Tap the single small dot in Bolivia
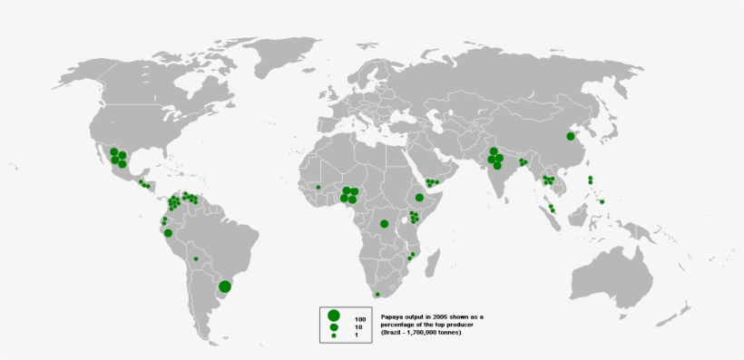195,258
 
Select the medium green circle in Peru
169,233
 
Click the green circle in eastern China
571,136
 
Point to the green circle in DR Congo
385,223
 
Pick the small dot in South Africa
377,295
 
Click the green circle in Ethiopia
419,198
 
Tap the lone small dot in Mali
318,187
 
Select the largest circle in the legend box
335,316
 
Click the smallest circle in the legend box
335,336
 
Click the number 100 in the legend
360,320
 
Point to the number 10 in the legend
358,328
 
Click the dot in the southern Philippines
602,201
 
